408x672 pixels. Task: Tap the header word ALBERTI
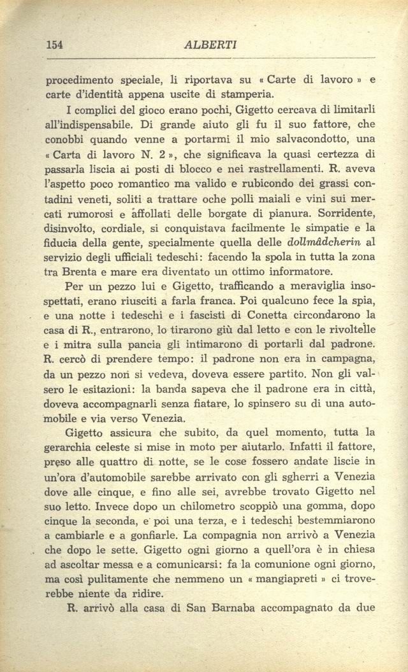[x=210, y=45]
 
